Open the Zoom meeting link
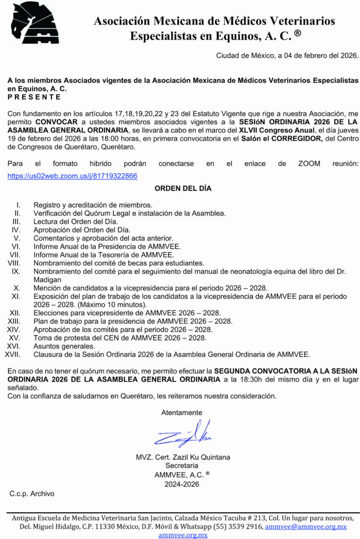(x=72, y=176)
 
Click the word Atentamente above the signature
(x=182, y=413)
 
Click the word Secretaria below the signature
(x=182, y=465)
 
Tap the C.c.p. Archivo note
(x=32, y=493)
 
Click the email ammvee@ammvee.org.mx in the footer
(x=306, y=526)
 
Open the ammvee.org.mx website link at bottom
(x=183, y=535)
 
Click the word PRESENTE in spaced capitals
(x=34, y=97)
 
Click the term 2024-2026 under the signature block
(x=182, y=484)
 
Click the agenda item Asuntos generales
(x=64, y=346)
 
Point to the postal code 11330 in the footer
(x=103, y=526)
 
